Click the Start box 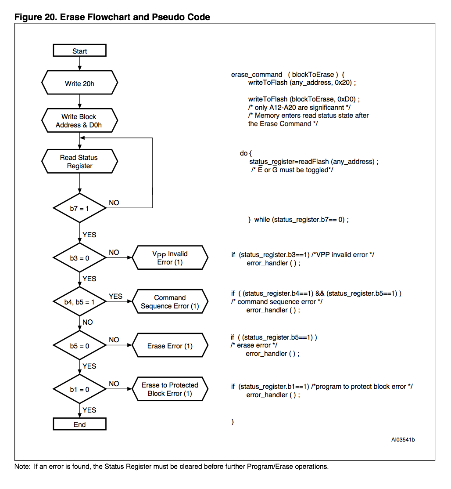tap(80, 51)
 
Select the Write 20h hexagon tap(80, 83)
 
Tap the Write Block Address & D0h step tap(80, 121)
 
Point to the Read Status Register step tap(80, 162)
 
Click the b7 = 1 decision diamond tap(80, 208)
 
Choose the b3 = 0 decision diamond tap(80, 258)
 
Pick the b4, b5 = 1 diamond tap(80, 301)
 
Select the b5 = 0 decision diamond tap(80, 345)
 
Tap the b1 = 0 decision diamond tap(80, 389)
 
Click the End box tap(80, 424)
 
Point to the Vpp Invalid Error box tap(170, 257)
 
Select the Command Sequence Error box tap(170, 301)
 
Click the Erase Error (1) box tap(170, 345)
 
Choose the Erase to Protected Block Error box tap(170, 389)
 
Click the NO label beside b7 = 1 tap(114, 203)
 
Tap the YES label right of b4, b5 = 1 tap(115, 296)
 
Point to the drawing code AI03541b tap(403, 440)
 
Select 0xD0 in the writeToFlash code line tap(346, 99)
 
